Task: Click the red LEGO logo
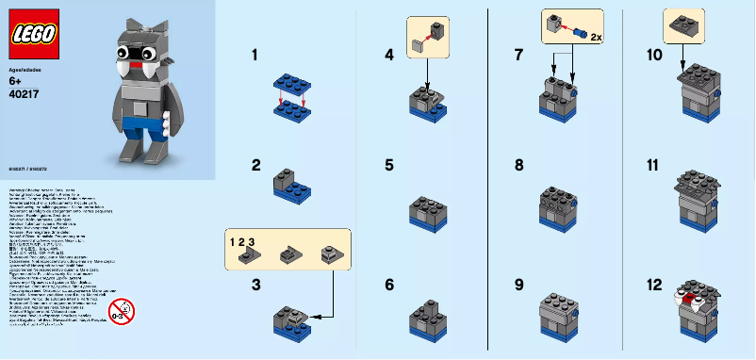(34, 35)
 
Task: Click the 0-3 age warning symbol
(121, 310)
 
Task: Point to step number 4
(389, 56)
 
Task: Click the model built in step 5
(429, 212)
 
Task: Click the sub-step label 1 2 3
(242, 241)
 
